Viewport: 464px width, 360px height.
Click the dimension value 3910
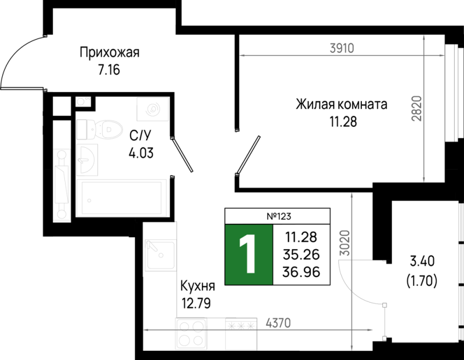(342, 49)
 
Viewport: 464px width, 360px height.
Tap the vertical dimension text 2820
(416, 108)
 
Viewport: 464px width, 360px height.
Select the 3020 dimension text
(345, 243)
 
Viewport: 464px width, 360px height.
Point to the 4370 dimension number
(278, 323)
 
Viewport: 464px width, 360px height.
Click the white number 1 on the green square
(248, 254)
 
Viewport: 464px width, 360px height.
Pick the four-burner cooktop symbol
(191, 333)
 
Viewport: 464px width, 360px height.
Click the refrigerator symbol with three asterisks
(241, 333)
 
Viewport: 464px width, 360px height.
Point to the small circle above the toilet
(81, 102)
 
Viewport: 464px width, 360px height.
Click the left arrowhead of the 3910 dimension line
(242, 56)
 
